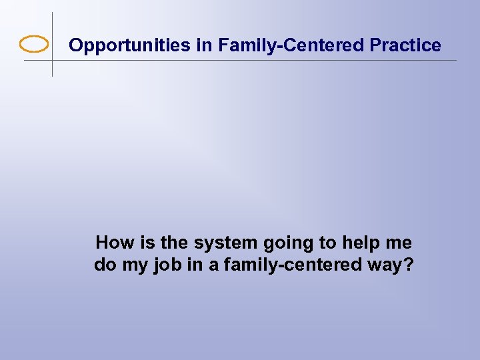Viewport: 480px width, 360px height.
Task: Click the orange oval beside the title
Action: pyautogui.click(x=34, y=45)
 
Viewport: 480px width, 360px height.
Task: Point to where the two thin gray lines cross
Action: pyautogui.click(x=52, y=61)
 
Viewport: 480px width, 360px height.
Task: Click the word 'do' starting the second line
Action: pyautogui.click(x=105, y=265)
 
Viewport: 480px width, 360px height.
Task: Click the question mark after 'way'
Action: pyautogui.click(x=408, y=265)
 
